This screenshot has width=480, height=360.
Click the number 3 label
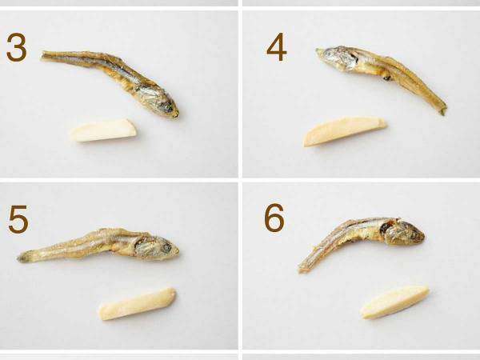pyautogui.click(x=17, y=47)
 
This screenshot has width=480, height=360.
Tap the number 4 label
pyautogui.click(x=277, y=47)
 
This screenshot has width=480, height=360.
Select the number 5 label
pyautogui.click(x=18, y=219)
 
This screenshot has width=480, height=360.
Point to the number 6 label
pyautogui.click(x=274, y=218)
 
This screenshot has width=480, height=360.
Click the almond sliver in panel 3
pyautogui.click(x=103, y=130)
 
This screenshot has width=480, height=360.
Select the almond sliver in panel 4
pyautogui.click(x=344, y=130)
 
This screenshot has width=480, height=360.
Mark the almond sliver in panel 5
pyautogui.click(x=138, y=304)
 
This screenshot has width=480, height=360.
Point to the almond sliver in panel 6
pyautogui.click(x=394, y=302)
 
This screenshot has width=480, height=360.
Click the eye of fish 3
pyautogui.click(x=167, y=107)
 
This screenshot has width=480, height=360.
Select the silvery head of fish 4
pyautogui.click(x=337, y=58)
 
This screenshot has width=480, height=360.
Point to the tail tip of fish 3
pyautogui.click(x=42, y=55)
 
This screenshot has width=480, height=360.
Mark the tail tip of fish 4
pyautogui.click(x=443, y=111)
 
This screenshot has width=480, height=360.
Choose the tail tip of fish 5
pyautogui.click(x=19, y=258)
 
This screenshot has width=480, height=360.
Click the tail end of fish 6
pyautogui.click(x=301, y=269)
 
